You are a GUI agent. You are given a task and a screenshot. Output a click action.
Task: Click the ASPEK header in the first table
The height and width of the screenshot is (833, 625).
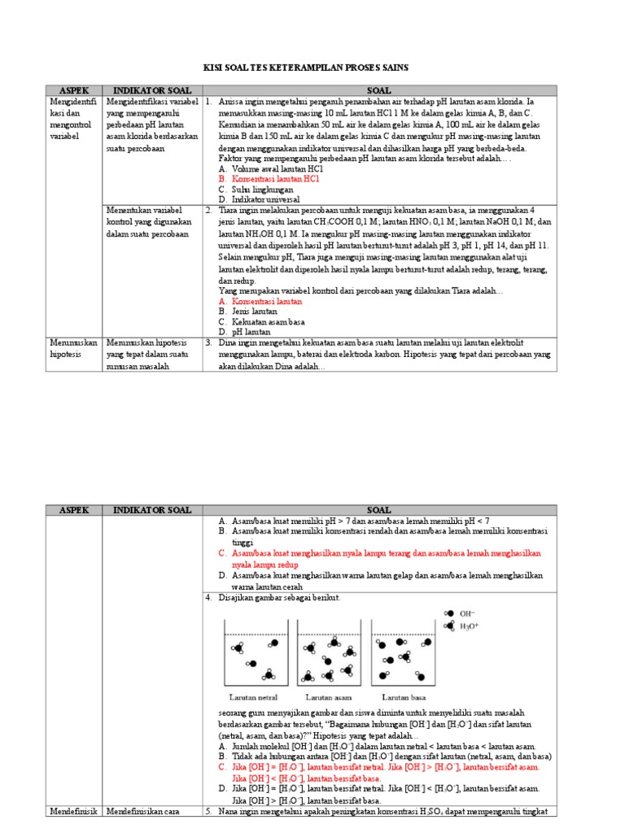(x=74, y=90)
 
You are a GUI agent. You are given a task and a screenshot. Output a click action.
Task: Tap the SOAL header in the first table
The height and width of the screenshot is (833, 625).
(x=378, y=90)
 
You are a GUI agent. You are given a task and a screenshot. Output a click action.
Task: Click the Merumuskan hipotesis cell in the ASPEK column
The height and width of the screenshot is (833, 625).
(x=74, y=348)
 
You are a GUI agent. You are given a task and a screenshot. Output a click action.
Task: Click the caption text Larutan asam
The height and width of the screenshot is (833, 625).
(x=328, y=697)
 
